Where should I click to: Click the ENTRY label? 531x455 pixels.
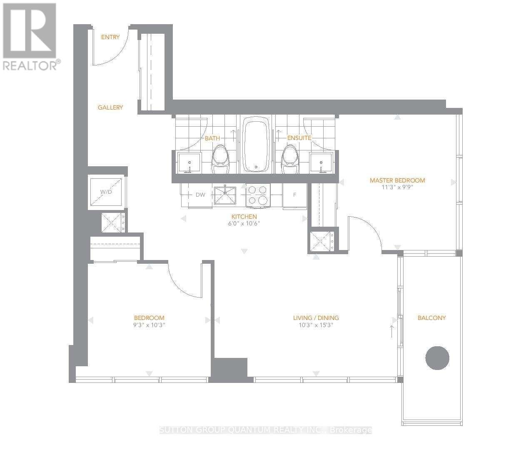[x=110, y=37]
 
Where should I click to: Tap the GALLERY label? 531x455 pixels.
[x=110, y=107]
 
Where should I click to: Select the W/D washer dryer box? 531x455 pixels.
[x=107, y=192]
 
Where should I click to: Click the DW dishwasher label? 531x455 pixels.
[x=200, y=195]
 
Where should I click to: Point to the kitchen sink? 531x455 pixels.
[x=225, y=195]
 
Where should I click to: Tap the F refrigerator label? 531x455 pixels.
[x=294, y=195]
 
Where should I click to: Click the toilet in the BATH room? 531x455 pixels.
[x=221, y=160]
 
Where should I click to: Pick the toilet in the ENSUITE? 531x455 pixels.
[x=290, y=160]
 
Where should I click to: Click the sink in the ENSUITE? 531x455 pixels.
[x=321, y=162]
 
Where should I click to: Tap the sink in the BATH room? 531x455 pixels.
[x=189, y=162]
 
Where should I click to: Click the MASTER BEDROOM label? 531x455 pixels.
[x=397, y=180]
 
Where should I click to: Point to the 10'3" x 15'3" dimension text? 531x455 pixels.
[x=316, y=325]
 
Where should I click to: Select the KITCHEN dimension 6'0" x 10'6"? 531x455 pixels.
[x=244, y=223]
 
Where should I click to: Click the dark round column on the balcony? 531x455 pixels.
[x=437, y=357]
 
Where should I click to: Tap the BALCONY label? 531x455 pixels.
[x=431, y=318]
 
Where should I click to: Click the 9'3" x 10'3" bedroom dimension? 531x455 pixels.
[x=149, y=325]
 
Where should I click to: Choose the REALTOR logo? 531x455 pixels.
[x=30, y=37]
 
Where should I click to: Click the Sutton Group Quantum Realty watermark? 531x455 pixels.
[x=265, y=430]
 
